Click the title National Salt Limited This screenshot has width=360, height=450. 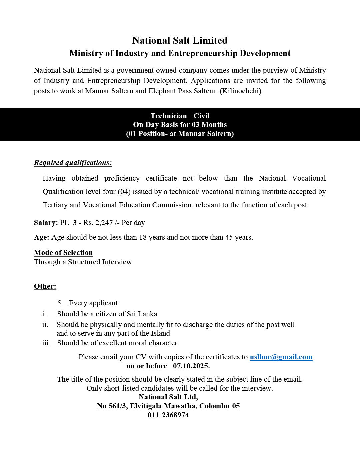[x=180, y=40]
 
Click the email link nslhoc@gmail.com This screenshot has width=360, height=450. [x=281, y=357]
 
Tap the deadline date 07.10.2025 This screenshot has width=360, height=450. [x=191, y=366]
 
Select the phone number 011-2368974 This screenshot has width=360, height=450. [x=168, y=415]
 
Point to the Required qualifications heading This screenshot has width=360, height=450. [x=73, y=163]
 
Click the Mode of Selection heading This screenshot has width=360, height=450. [x=63, y=253]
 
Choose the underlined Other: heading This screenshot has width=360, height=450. [x=45, y=286]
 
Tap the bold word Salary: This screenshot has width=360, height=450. [x=46, y=223]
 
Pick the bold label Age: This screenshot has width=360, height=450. [x=41, y=237]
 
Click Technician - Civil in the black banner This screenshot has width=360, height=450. [x=180, y=116]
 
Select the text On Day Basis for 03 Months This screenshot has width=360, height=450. [x=180, y=125]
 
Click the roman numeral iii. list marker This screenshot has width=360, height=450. [x=46, y=343]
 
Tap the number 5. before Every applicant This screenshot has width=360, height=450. [x=60, y=303]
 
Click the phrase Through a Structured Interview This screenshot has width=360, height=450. [x=83, y=262]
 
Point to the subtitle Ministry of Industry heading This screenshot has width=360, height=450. [x=180, y=53]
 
